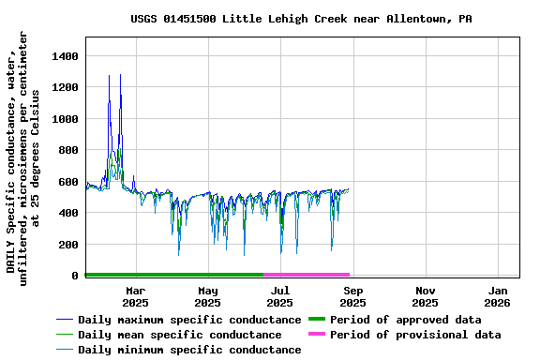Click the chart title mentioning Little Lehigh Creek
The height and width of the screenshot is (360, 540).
(301, 19)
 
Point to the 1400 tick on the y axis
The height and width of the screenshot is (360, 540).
(63, 56)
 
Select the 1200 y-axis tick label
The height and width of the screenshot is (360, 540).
(63, 87)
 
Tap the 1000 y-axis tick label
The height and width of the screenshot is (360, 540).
(63, 119)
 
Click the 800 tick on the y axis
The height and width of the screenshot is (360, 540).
(67, 150)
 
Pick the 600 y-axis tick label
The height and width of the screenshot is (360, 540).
(67, 182)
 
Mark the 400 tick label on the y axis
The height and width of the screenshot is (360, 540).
(67, 213)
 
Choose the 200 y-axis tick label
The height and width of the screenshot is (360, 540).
(67, 245)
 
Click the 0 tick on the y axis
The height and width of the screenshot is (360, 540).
(73, 276)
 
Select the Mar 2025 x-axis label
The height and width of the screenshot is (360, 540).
(136, 296)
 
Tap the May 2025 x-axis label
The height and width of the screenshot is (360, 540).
(208, 296)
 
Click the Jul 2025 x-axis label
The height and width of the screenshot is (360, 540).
(279, 296)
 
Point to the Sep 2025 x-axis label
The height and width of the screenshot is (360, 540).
(352, 296)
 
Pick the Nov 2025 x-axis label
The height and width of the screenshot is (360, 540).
(425, 296)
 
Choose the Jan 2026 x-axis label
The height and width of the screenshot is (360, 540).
(497, 296)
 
